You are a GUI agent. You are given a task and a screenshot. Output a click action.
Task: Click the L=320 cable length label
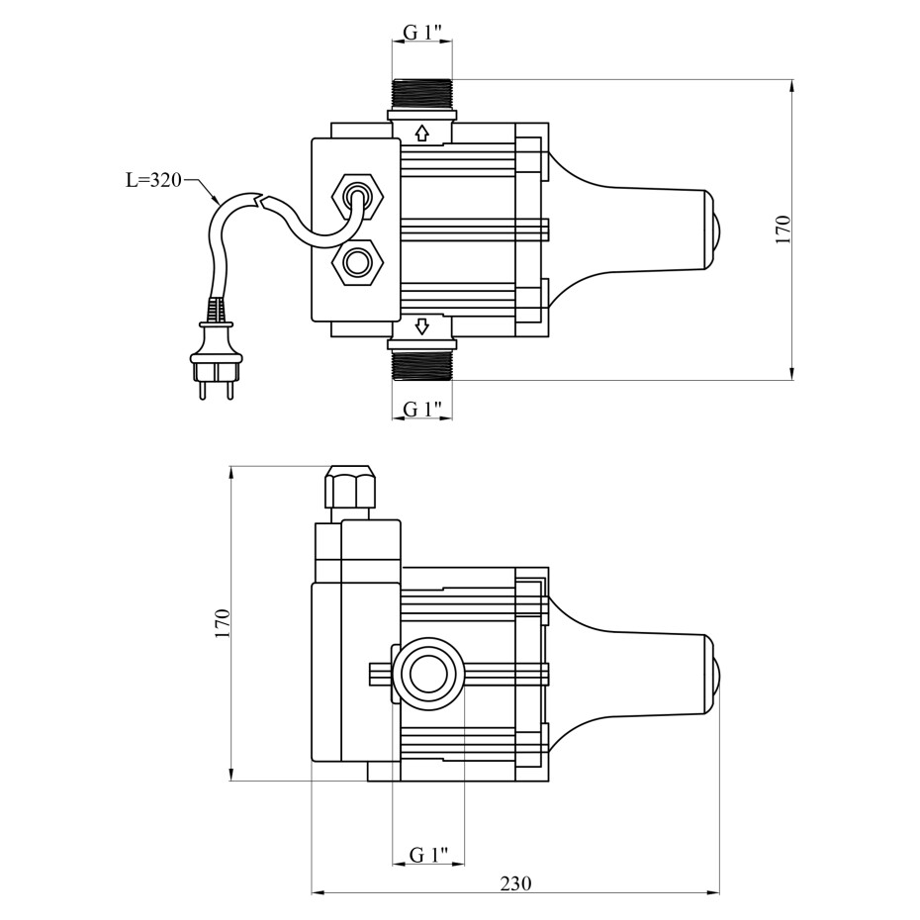point(153,180)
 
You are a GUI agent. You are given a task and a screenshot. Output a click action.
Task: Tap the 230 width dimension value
point(515,882)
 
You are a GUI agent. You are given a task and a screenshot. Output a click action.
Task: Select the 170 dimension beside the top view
point(783,230)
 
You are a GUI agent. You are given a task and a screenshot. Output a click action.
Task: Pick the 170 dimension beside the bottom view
point(223,623)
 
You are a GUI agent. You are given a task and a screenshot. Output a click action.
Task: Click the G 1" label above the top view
point(421,32)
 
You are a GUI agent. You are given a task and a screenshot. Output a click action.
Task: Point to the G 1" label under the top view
point(422,409)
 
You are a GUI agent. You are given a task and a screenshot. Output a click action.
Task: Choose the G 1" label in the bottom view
point(428,855)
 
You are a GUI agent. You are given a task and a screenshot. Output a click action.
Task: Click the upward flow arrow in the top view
point(421,133)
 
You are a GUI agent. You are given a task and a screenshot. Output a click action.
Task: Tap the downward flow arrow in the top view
point(422,325)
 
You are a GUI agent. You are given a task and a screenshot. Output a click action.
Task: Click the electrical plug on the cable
point(217,351)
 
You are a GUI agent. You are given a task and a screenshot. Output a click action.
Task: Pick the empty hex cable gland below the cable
point(357,262)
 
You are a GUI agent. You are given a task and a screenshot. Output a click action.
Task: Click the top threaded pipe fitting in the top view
point(421,94)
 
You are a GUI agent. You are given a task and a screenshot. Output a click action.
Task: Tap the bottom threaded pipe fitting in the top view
point(422,364)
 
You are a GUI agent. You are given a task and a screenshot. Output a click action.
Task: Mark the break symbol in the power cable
point(259,201)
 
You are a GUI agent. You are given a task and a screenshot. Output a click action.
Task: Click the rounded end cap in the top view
point(714,229)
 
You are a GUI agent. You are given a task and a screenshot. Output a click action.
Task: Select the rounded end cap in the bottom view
point(714,674)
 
